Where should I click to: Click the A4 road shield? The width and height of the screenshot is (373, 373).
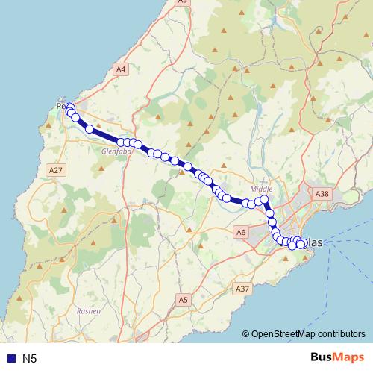point(121,69)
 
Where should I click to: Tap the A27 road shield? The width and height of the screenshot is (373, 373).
point(54,170)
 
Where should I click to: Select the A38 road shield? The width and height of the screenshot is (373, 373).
point(322,194)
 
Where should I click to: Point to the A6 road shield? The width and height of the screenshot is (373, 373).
point(241,233)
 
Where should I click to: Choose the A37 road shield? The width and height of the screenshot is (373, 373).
point(241,289)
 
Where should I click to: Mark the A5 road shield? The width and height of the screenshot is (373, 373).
point(184,299)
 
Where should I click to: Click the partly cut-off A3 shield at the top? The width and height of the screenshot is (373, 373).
point(182,2)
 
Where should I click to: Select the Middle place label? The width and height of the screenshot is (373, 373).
point(263,189)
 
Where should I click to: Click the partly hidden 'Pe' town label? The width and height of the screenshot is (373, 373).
point(61,106)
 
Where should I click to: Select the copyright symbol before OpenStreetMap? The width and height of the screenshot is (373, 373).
point(246,334)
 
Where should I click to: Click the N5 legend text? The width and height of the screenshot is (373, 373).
point(29,359)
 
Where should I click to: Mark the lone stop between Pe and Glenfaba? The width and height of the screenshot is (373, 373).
point(90,129)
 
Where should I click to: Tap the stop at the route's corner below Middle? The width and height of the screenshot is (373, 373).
point(264,200)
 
